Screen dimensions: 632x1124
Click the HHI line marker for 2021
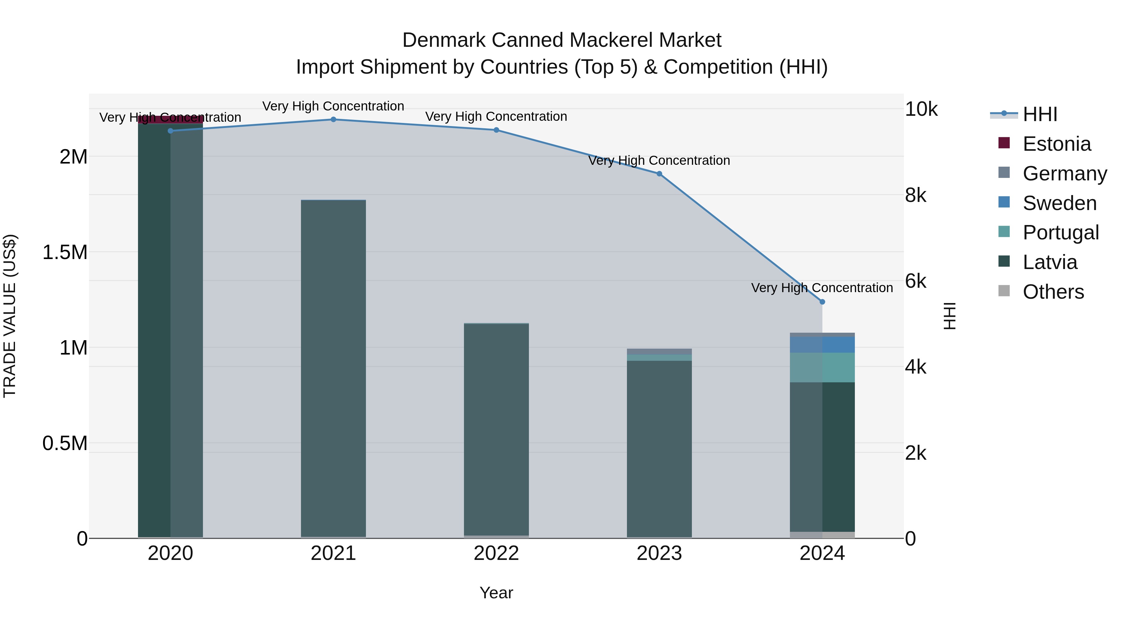[333, 120]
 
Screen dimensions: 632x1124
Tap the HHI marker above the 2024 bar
[822, 302]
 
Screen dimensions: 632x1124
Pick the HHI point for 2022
[496, 130]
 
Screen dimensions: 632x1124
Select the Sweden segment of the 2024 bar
[822, 345]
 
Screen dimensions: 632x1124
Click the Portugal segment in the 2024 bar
[822, 368]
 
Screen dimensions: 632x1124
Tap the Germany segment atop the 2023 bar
[659, 351]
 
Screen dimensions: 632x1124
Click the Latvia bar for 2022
[496, 430]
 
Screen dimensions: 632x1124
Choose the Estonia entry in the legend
[1056, 144]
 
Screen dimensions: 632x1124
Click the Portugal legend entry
[1060, 233]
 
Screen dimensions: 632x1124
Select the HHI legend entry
[1039, 114]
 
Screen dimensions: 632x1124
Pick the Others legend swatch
[1004, 291]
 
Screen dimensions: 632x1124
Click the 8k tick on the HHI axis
[915, 195]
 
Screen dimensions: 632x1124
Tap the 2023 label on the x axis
[659, 553]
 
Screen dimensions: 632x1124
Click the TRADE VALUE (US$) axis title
[10, 316]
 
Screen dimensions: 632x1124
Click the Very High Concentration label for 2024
[822, 288]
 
